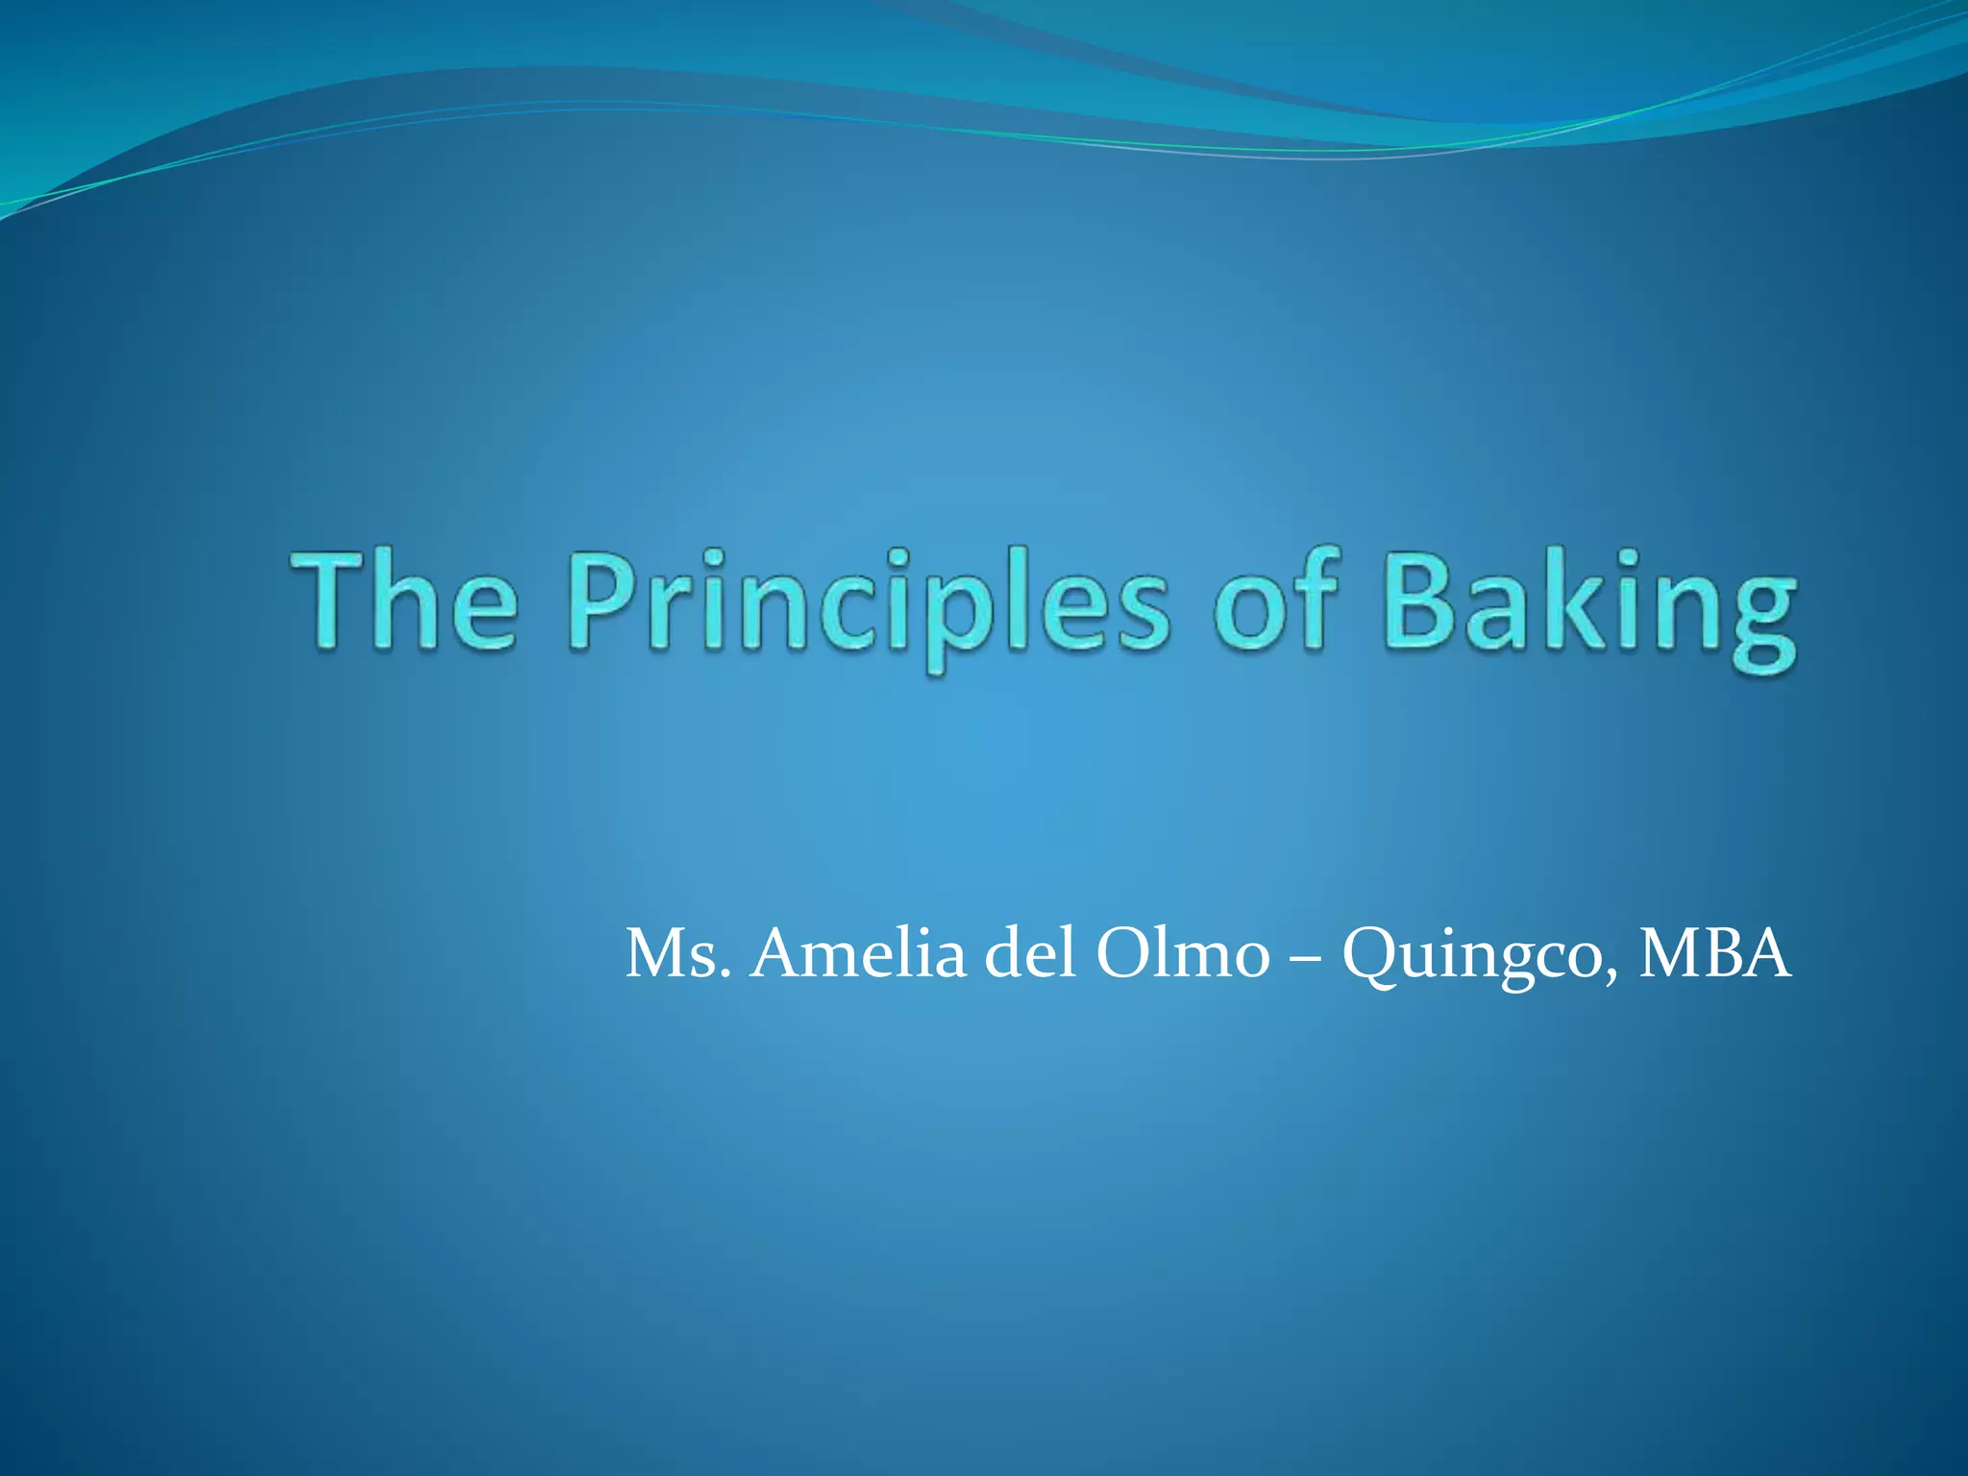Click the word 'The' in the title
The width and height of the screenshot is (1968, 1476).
point(405,603)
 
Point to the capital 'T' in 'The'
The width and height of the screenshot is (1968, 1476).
point(332,603)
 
